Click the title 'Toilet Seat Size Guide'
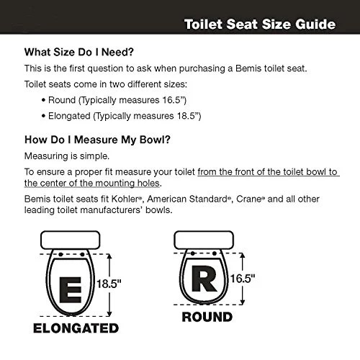[x=259, y=24]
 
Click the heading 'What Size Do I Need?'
[x=89, y=52]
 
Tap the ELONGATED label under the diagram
[x=75, y=328]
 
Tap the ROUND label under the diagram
[x=206, y=317]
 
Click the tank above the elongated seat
[x=71, y=241]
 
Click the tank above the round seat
[x=206, y=241]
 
